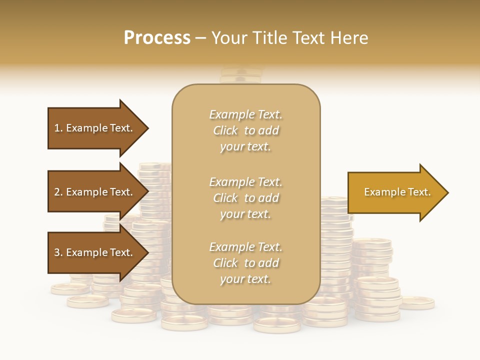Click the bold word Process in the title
[x=157, y=38]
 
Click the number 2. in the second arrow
[x=58, y=192]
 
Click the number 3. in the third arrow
[x=58, y=252]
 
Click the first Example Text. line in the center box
[x=245, y=114]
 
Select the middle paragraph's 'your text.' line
[x=245, y=214]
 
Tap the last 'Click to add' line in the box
[x=245, y=263]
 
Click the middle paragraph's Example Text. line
[x=245, y=182]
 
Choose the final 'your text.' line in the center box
[x=245, y=279]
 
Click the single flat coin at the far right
[x=417, y=302]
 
